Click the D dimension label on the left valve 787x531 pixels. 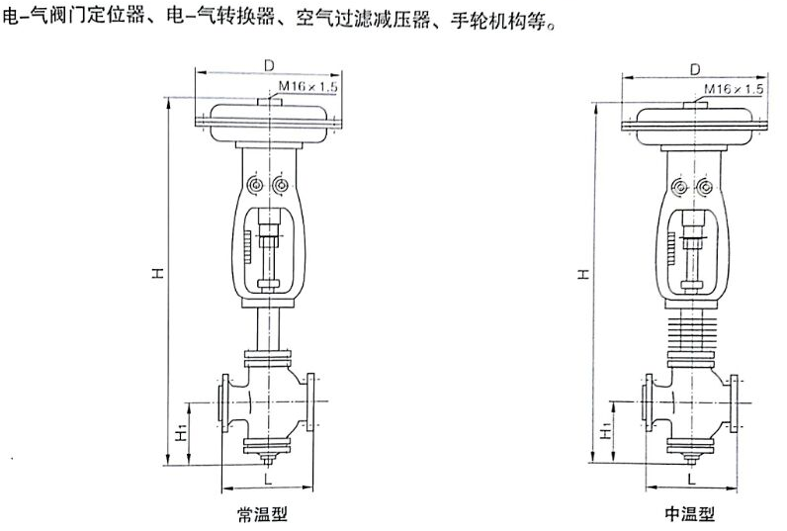click(268, 65)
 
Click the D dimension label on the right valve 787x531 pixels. click(694, 69)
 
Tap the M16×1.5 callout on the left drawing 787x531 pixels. click(308, 87)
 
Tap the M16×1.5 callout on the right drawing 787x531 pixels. click(735, 90)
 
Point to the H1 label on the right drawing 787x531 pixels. click(604, 432)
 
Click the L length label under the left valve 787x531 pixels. click(267, 478)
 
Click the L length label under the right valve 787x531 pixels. click(692, 478)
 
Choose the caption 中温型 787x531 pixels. click(690, 514)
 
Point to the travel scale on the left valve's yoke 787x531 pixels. click(242, 243)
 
